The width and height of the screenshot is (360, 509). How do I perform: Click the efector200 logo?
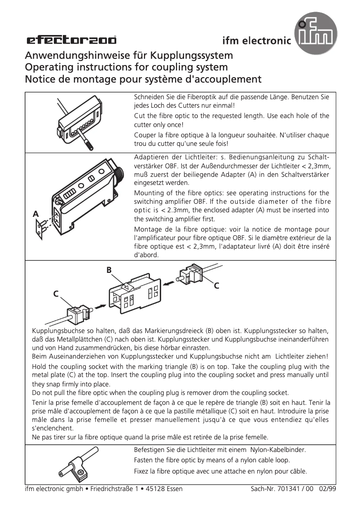[x=71, y=41]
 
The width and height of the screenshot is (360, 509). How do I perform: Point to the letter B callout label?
[x=109, y=270]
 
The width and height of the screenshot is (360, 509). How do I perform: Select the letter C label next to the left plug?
[x=56, y=294]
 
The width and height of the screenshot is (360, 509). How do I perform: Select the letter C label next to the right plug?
[x=216, y=285]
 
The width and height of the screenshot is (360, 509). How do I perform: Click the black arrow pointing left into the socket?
[x=170, y=283]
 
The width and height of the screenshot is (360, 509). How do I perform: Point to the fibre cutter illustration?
[x=79, y=127]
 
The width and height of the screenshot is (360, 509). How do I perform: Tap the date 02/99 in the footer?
[x=327, y=489]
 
